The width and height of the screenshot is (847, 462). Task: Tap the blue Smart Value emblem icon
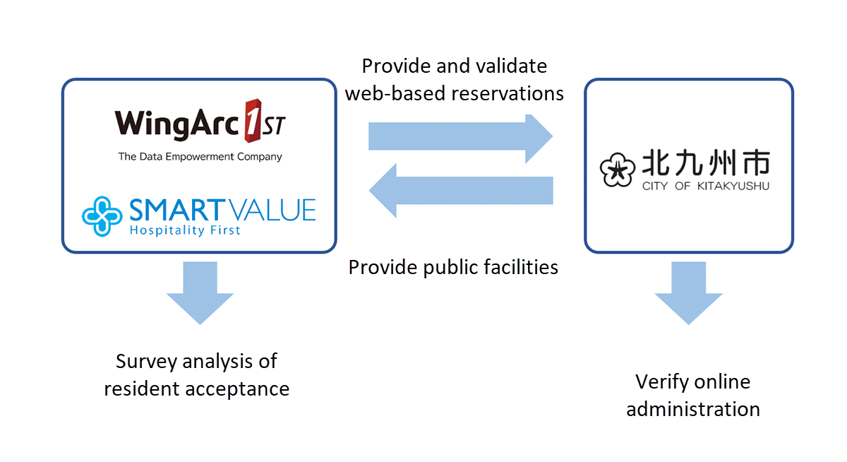click(x=102, y=215)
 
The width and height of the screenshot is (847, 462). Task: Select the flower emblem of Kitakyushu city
click(x=615, y=170)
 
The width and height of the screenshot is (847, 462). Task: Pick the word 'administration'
click(x=693, y=409)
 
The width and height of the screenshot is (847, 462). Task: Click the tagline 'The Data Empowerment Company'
click(x=200, y=157)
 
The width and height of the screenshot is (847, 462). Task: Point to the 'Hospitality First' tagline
click(x=185, y=230)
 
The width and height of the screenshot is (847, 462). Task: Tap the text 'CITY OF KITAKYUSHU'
click(x=705, y=186)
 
